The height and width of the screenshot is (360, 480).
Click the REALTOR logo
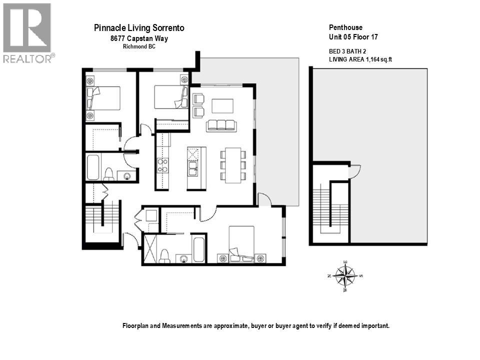(27, 33)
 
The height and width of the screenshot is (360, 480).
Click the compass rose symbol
(345, 275)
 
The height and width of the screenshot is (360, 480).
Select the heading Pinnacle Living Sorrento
(139, 28)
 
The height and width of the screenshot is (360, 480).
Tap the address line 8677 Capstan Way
(139, 38)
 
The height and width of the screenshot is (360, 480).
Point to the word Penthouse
(345, 27)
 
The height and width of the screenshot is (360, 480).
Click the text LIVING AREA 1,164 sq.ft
(360, 59)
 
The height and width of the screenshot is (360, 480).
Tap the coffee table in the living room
(222, 106)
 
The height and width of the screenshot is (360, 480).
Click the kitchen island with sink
(196, 168)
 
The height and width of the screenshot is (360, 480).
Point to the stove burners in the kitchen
(162, 165)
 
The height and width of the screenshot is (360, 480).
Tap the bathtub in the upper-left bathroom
(93, 167)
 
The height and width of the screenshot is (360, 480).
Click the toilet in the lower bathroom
(164, 256)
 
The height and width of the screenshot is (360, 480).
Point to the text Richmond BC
(139, 46)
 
